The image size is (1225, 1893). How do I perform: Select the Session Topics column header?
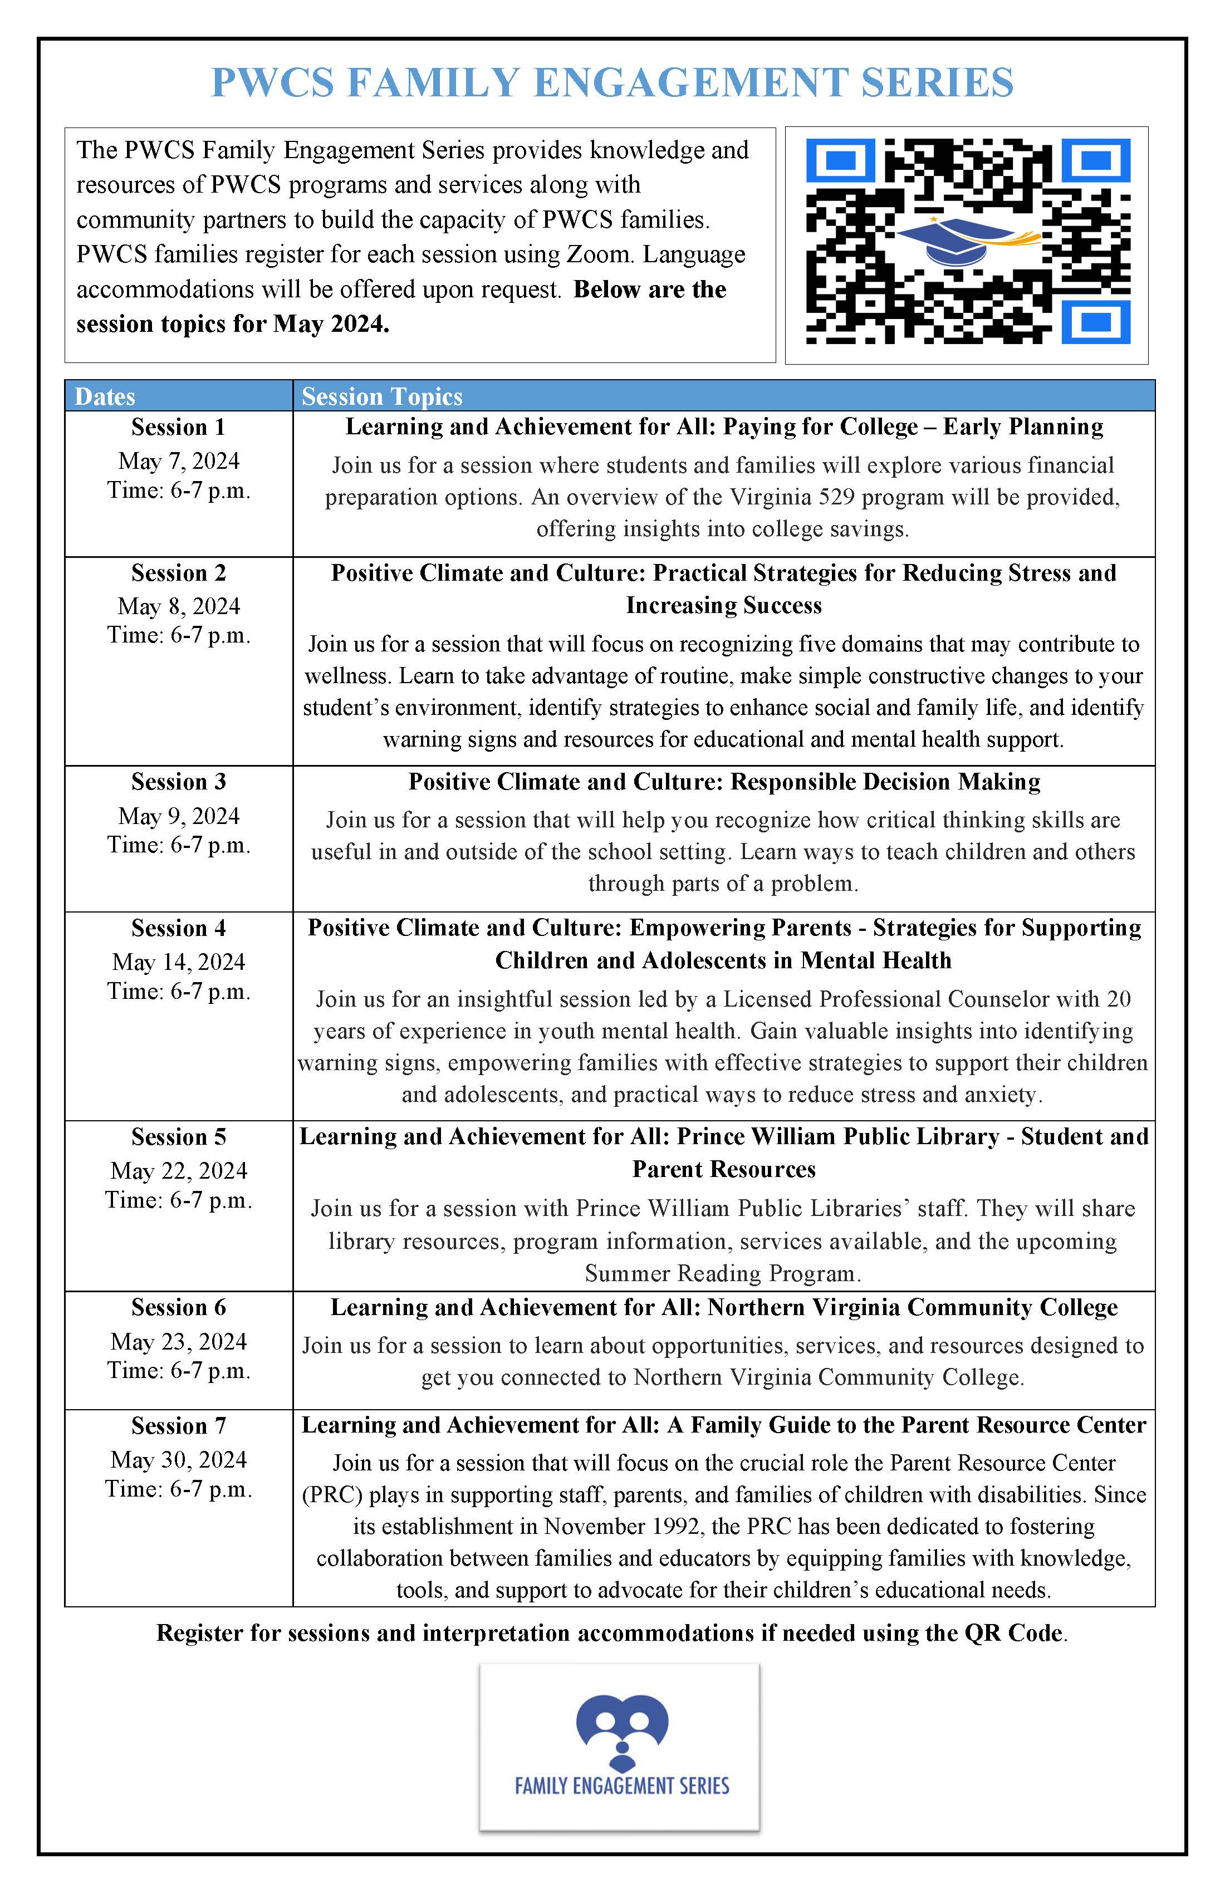[382, 396]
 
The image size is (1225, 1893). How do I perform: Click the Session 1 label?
[178, 427]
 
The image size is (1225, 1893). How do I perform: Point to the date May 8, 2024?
[178, 606]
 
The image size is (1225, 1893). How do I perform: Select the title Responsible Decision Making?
[885, 782]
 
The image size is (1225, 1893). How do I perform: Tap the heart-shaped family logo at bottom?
[621, 1730]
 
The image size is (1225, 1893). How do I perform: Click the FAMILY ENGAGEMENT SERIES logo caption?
[621, 1787]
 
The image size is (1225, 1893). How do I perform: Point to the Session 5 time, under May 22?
[178, 1200]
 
